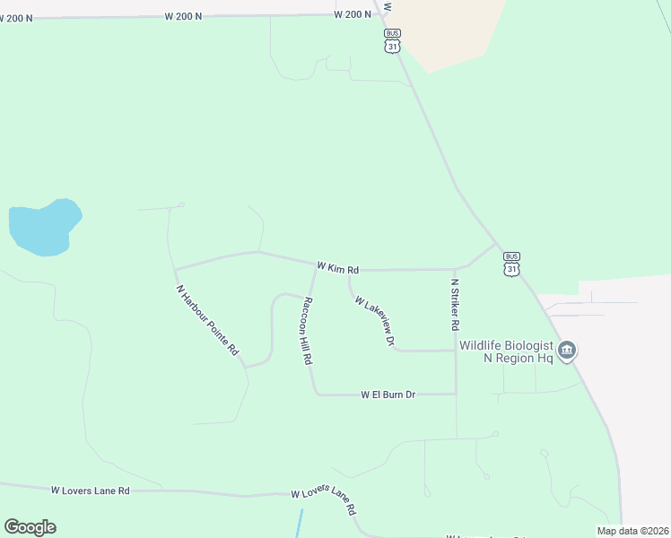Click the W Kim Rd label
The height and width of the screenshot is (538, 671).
pos(337,267)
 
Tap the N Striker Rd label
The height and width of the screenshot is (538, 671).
pos(455,305)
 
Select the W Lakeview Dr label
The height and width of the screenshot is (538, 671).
pos(375,321)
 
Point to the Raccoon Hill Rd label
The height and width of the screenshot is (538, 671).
pos(307,330)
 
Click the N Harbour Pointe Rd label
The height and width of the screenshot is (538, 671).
pos(207,319)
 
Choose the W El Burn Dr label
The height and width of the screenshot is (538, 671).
pos(388,395)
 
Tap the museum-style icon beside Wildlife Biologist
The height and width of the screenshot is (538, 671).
pos(566,351)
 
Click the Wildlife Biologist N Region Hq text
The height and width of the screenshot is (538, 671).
pos(506,351)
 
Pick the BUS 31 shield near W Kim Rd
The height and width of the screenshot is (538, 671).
pos(511,264)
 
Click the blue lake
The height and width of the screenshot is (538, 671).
pos(43,227)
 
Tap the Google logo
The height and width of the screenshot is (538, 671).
pos(30,527)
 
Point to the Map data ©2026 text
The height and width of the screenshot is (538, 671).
pos(632,531)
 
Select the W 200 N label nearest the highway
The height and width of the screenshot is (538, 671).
pos(353,14)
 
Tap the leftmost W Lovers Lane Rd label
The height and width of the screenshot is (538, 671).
pos(90,490)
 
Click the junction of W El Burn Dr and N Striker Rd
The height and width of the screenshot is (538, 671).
pos(456,394)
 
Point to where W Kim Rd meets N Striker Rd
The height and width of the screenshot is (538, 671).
pos(455,268)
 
